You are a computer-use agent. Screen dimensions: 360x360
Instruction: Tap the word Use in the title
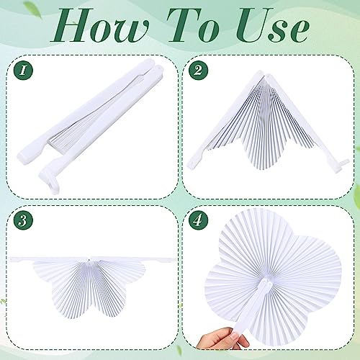click(274, 25)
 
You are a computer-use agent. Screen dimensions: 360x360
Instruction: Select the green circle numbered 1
click(23, 71)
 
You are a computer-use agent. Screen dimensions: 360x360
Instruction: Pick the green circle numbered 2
click(198, 71)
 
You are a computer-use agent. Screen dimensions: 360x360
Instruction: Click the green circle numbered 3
click(23, 220)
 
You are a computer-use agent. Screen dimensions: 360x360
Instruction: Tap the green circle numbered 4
click(198, 220)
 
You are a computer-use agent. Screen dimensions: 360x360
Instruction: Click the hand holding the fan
click(222, 338)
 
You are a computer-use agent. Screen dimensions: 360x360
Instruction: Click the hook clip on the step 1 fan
click(52, 181)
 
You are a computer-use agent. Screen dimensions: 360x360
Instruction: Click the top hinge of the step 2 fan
click(262, 74)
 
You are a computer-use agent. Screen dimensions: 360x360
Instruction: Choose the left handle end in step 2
click(192, 163)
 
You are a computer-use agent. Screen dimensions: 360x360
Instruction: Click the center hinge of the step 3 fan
click(91, 260)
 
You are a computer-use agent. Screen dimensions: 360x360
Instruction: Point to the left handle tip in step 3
click(11, 259)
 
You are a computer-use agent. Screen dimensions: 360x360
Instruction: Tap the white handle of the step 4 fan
click(250, 312)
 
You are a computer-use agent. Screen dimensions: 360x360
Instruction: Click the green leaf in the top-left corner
click(33, 8)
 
